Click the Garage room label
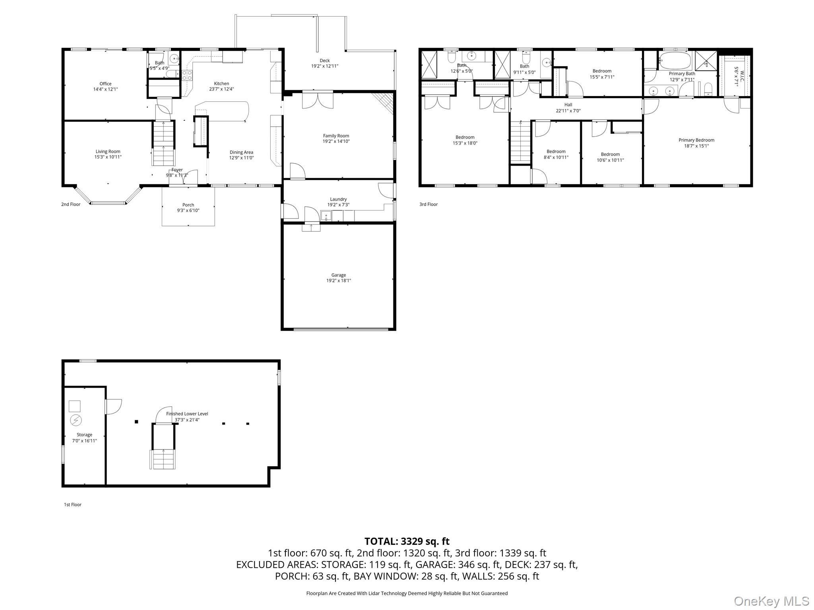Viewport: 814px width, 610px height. (338, 275)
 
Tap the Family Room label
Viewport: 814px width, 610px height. (336, 136)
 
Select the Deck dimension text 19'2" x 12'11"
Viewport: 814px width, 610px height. (324, 66)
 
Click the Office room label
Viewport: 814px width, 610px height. (105, 84)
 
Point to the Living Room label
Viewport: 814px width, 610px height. (108, 151)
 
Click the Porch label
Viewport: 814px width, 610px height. (188, 205)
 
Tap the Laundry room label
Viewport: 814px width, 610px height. (338, 199)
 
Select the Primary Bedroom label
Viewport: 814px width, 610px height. (696, 140)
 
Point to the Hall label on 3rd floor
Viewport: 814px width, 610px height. (568, 105)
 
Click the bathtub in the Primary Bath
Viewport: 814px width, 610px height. (675, 62)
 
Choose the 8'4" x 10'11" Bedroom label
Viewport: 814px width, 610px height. (556, 151)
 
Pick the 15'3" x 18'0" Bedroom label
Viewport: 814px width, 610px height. (465, 137)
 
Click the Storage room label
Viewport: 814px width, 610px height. (84, 435)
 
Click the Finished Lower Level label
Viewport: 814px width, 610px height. (187, 414)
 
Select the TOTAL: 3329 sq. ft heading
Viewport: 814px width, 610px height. (407, 541)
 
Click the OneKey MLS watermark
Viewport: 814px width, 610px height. (771, 601)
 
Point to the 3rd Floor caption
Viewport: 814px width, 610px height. (428, 205)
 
